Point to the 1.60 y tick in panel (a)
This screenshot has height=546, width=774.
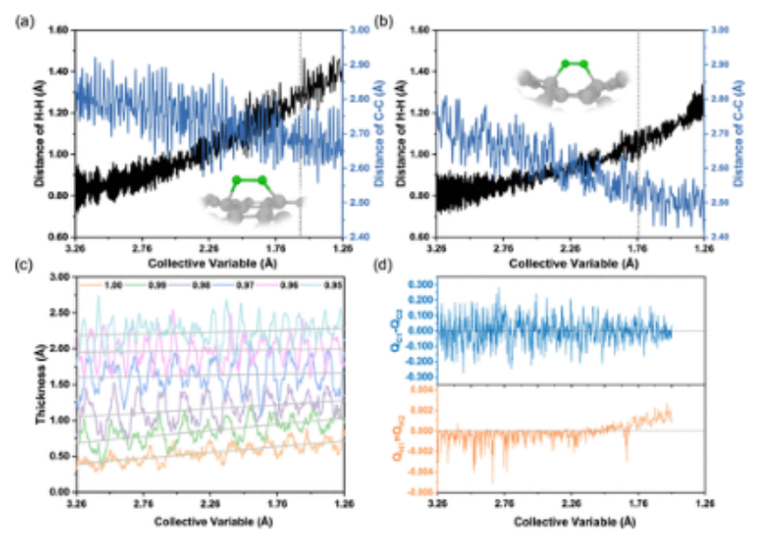pos(59,31)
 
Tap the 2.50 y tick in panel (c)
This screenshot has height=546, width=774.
pos(59,312)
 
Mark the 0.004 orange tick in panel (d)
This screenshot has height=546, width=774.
pos(419,388)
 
